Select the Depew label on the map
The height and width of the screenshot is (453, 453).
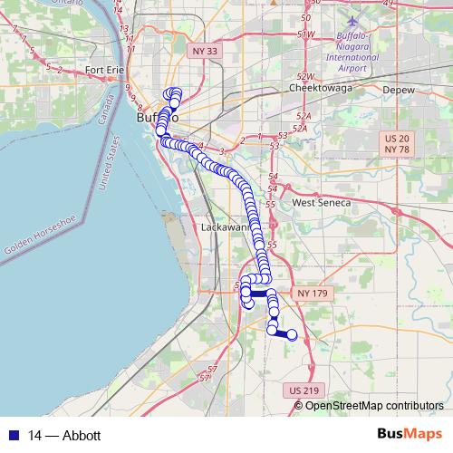[x=398, y=91]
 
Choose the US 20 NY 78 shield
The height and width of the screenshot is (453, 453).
[x=397, y=142]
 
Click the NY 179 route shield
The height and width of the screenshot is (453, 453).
[x=306, y=294]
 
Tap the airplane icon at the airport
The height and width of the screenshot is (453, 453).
[x=352, y=19]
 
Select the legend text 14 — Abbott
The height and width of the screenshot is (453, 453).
[x=63, y=436]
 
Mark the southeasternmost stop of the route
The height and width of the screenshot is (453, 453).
[x=292, y=335]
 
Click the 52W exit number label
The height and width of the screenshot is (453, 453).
[x=305, y=77]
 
